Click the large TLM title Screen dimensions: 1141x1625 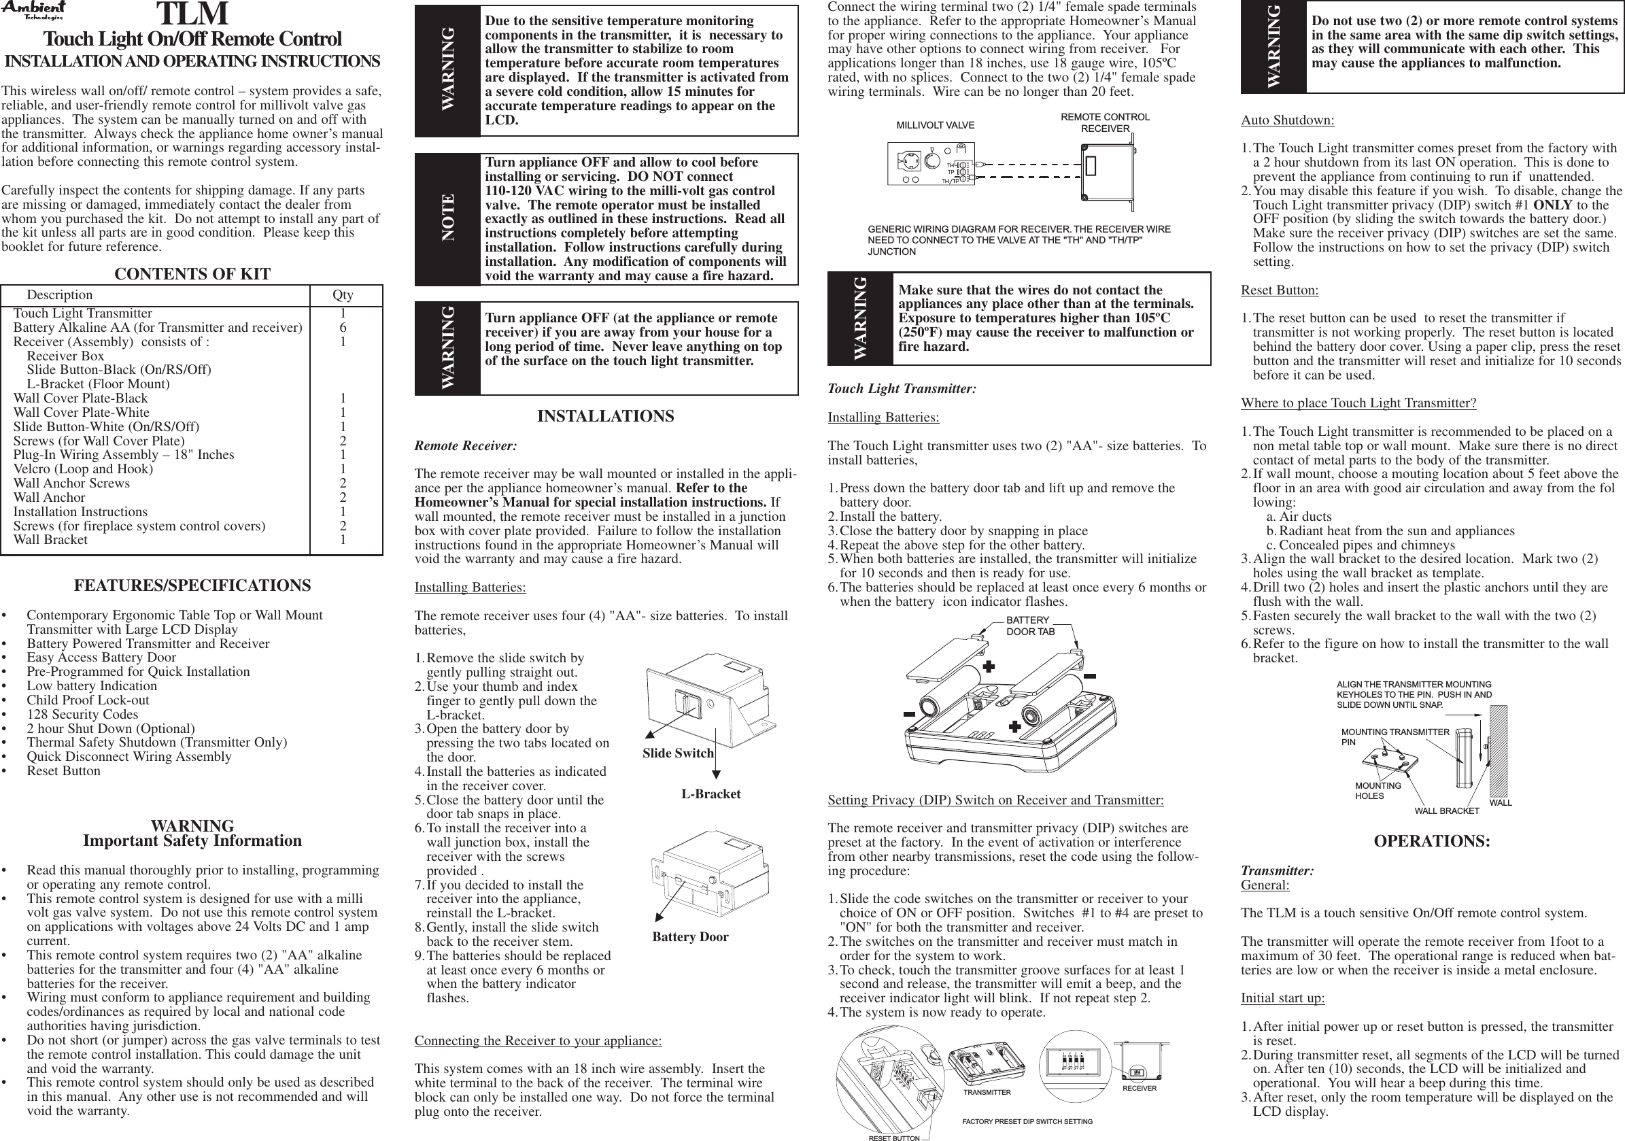click(192, 14)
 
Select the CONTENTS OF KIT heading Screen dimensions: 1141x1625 click(192, 275)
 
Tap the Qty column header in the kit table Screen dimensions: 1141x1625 click(343, 295)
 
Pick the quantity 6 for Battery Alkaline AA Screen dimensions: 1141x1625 click(343, 328)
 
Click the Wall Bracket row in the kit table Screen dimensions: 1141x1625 click(50, 540)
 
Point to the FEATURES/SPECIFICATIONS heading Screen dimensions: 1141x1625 click(192, 586)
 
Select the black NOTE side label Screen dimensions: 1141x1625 click(447, 219)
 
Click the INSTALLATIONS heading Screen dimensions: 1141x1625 click(605, 417)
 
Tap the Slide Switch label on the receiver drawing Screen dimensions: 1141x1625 click(677, 753)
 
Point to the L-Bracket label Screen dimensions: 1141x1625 click(711, 794)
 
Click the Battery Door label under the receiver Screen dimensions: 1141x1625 click(690, 937)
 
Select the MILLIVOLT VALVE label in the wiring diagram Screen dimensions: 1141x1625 click(935, 125)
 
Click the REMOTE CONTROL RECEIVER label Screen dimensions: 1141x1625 click(1105, 122)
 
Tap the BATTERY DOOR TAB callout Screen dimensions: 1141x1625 click(1031, 626)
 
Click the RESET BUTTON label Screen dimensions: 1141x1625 click(894, 1138)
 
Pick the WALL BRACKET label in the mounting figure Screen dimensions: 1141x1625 click(1447, 811)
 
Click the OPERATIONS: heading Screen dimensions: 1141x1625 click(1432, 842)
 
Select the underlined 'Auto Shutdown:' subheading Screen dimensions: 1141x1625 click(1287, 120)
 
